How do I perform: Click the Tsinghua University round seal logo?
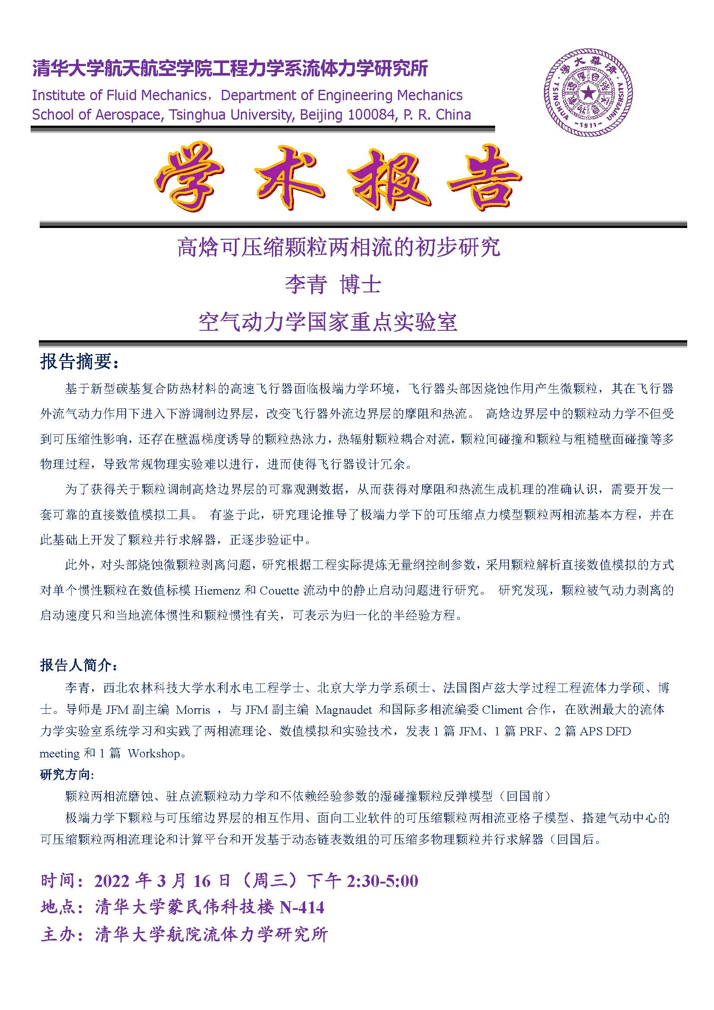point(588,92)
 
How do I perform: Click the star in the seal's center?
point(588,93)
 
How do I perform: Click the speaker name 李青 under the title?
point(306,285)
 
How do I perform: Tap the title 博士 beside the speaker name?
point(360,285)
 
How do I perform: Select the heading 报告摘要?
point(79,362)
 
